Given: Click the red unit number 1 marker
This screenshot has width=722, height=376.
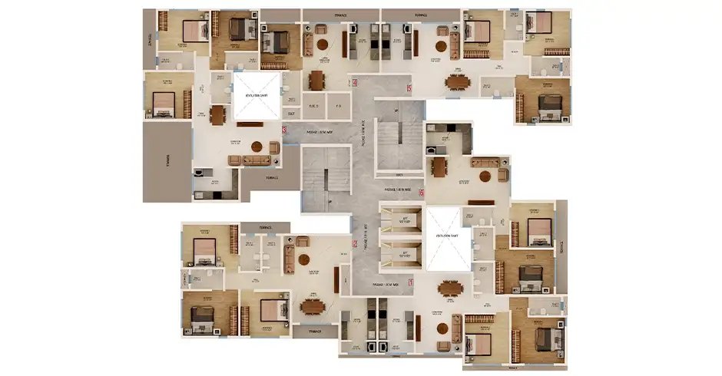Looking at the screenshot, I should coord(412,283).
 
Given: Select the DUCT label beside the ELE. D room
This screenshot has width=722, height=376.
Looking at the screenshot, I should coord(291,114).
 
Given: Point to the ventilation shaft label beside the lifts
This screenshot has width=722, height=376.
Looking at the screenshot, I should coord(447,236).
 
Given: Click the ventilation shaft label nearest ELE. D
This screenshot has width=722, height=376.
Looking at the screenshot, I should coord(256,94).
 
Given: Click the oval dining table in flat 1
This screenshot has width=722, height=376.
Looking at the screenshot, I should coord(450,289).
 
